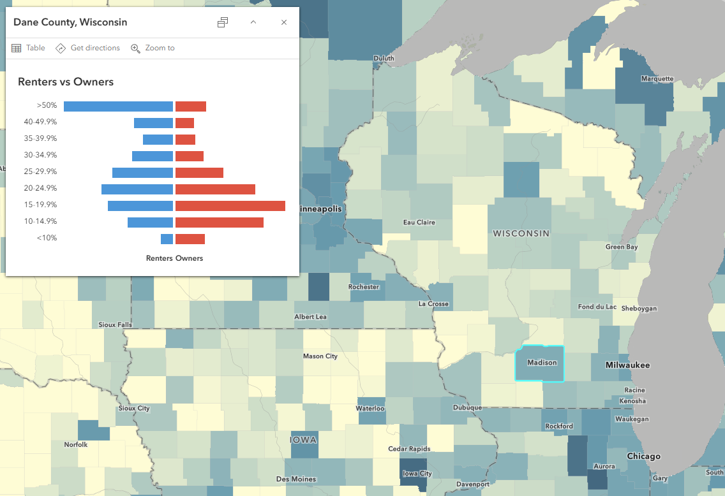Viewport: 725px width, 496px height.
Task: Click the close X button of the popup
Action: point(284,22)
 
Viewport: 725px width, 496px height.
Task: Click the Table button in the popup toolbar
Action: point(29,48)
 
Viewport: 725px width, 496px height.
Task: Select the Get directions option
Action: point(88,48)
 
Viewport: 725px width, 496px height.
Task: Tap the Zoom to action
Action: point(153,48)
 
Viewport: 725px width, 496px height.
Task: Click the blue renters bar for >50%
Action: point(119,106)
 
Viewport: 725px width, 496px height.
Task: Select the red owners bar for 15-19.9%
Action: point(230,205)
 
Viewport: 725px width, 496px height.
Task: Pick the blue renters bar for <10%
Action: point(167,239)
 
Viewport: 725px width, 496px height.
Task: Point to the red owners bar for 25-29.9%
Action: point(199,172)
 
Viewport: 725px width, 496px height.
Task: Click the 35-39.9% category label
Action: point(40,138)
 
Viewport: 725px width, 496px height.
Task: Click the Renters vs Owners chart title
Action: point(66,82)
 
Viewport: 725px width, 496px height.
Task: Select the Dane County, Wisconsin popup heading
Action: point(70,22)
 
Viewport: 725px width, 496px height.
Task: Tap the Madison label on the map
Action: point(542,363)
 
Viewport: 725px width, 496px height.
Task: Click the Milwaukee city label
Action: point(629,365)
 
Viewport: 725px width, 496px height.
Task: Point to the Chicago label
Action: point(643,456)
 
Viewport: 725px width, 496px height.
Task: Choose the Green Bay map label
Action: point(622,247)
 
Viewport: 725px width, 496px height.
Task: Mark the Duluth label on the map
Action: point(384,59)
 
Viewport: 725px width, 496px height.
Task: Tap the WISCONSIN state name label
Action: point(521,234)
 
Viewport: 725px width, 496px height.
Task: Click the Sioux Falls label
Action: point(116,325)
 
